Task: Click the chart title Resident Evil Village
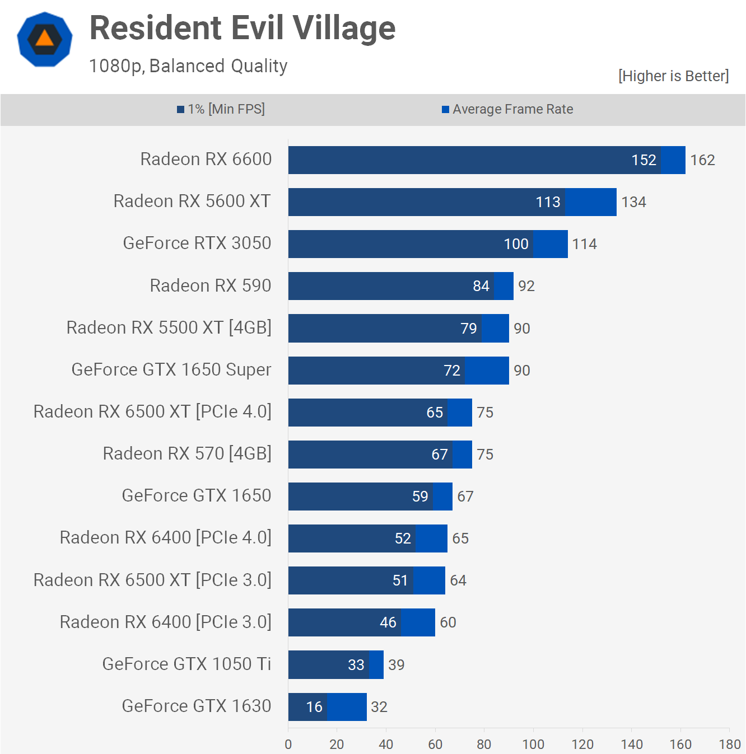tap(243, 28)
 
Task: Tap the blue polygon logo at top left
tap(45, 39)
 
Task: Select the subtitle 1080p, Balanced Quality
tap(188, 66)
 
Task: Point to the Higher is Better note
tap(673, 76)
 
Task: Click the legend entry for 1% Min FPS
tap(221, 109)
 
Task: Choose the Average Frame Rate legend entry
tap(507, 109)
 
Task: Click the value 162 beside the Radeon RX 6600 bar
tap(702, 160)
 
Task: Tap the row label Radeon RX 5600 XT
tap(192, 201)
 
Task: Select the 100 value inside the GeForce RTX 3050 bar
tap(516, 244)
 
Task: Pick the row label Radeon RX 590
tap(211, 285)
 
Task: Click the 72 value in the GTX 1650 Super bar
tap(451, 371)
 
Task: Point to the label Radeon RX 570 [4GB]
tap(187, 453)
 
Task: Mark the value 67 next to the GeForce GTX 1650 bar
tap(465, 497)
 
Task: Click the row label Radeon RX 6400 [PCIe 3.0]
tap(166, 622)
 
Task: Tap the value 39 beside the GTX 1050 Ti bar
tap(397, 665)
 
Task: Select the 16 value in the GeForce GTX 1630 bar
tap(314, 707)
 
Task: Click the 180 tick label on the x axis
tap(730, 744)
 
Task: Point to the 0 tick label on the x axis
tap(288, 744)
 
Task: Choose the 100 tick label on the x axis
tap(533, 744)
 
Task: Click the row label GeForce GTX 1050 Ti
tap(186, 664)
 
